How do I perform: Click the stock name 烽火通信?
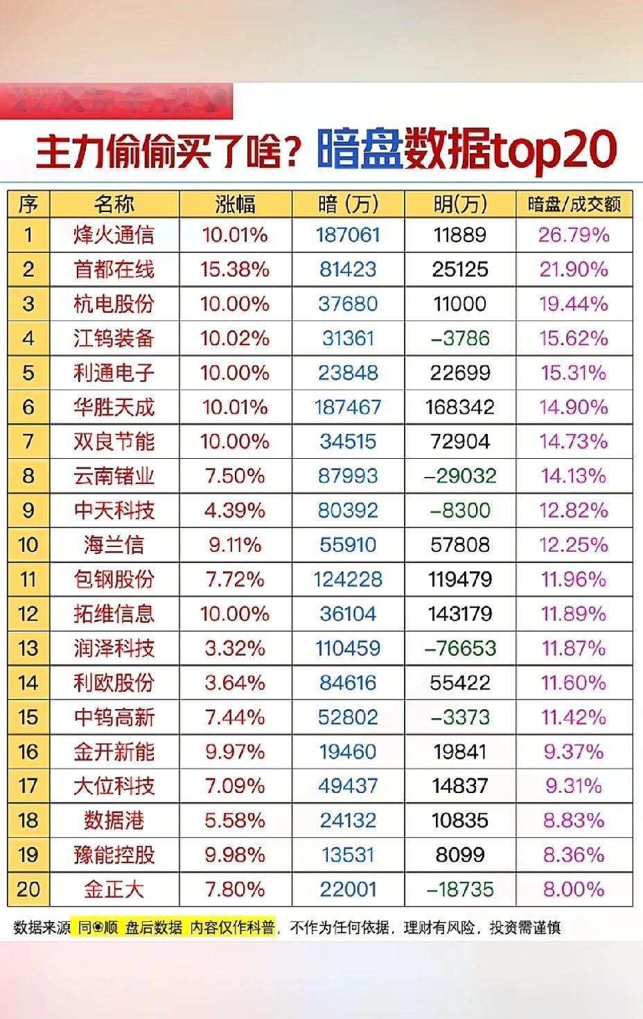114,235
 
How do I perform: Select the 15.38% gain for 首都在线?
234,269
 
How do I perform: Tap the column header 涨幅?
235,204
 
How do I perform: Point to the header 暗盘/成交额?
574,204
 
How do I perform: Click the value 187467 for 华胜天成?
348,407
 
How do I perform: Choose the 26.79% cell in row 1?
574,235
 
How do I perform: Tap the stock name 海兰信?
114,545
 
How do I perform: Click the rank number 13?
28,648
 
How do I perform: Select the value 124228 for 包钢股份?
348,580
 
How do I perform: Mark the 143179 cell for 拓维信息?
461,614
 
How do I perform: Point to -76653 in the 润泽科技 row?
460,648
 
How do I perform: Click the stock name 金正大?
114,889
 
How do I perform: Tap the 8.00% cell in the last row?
574,889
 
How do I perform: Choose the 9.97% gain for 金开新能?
234,751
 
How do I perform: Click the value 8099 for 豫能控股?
461,855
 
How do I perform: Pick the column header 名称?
114,204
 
